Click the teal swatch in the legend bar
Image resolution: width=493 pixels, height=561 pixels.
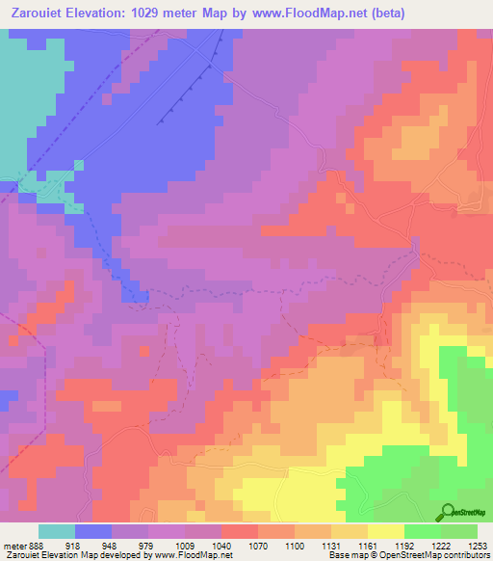[57, 531]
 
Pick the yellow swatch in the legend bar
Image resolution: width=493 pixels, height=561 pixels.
[386, 531]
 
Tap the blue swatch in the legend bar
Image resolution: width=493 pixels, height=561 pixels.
[93, 531]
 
